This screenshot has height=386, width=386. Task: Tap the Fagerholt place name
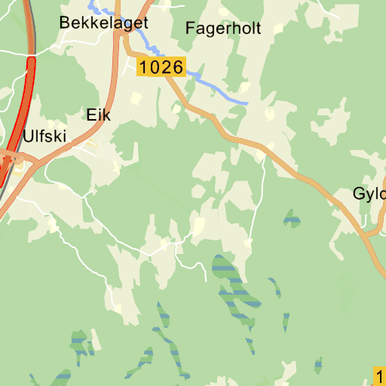222,29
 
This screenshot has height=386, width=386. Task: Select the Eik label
99,115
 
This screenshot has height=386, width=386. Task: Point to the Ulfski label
44,136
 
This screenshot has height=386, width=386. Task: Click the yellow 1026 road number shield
161,67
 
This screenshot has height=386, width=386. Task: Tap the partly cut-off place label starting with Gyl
369,194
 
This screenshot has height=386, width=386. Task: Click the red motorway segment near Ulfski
23,113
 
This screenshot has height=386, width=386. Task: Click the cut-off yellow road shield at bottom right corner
380,375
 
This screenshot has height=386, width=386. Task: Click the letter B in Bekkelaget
65,23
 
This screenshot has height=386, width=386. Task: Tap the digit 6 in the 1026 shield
177,67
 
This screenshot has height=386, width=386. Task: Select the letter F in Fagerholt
189,29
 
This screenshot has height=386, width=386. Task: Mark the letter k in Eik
106,115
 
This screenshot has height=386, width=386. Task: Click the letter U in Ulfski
29,136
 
